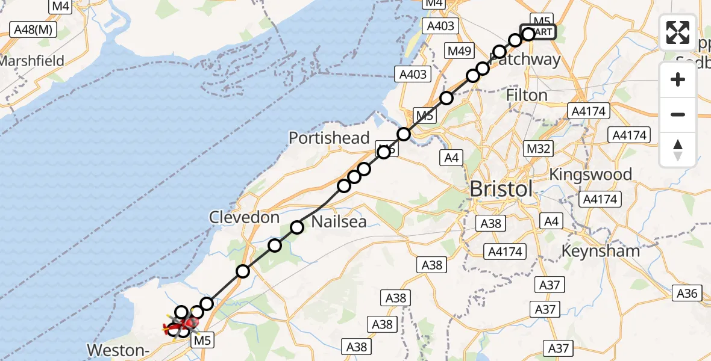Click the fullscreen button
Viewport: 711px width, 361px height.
click(678, 32)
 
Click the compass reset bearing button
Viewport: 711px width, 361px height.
click(678, 149)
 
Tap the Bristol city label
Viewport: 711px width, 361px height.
click(501, 189)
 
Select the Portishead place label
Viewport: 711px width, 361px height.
click(329, 138)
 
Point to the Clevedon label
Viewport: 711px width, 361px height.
click(244, 217)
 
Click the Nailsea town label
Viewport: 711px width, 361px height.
click(339, 221)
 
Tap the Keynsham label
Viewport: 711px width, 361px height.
click(600, 250)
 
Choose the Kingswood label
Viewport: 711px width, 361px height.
click(590, 174)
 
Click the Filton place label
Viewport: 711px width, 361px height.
click(527, 95)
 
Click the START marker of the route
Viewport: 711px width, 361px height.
click(542, 32)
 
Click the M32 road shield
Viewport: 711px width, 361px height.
click(538, 148)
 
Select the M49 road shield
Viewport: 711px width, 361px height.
click(459, 51)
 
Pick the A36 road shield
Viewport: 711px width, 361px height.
click(688, 293)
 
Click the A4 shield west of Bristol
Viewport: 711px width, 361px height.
click(453, 158)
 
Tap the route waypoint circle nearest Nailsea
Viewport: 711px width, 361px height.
click(297, 227)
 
